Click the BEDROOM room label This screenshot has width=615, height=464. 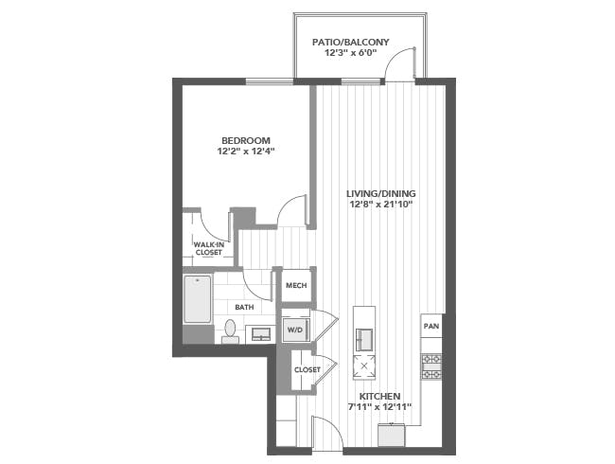pyautogui.click(x=246, y=140)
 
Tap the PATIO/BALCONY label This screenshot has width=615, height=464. pyautogui.click(x=351, y=42)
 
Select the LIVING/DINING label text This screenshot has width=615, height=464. pyautogui.click(x=381, y=193)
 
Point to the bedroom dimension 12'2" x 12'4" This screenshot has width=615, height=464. pyautogui.click(x=245, y=152)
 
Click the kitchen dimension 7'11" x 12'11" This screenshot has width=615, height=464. pyautogui.click(x=379, y=406)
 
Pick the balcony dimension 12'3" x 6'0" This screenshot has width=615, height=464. pyautogui.click(x=351, y=53)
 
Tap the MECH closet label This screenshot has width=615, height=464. pyautogui.click(x=296, y=285)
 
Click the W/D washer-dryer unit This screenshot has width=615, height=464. pyautogui.click(x=296, y=330)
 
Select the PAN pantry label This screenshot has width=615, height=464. pyautogui.click(x=431, y=326)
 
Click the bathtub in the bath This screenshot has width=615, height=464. pyautogui.click(x=198, y=299)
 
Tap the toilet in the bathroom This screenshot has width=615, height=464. pyautogui.click(x=230, y=330)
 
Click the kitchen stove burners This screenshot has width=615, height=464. pyautogui.click(x=431, y=366)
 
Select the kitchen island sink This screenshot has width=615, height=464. pyautogui.click(x=364, y=339)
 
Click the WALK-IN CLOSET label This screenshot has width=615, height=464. pyautogui.click(x=209, y=248)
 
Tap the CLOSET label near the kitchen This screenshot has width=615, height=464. pyautogui.click(x=307, y=370)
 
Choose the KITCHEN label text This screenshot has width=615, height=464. pyautogui.click(x=379, y=396)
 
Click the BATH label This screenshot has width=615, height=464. pyautogui.click(x=244, y=307)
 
